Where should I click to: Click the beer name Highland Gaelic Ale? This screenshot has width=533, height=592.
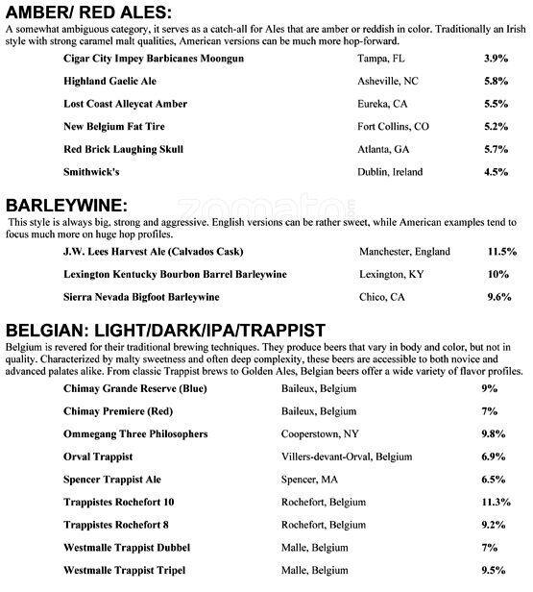point(116,82)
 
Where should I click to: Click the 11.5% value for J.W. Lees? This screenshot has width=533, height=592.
point(502,252)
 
